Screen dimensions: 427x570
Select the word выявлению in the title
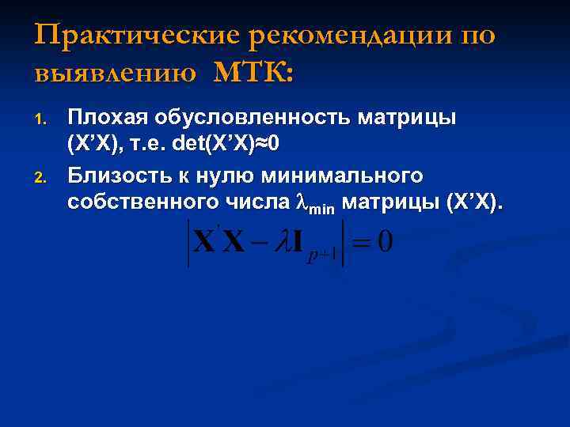click(x=116, y=73)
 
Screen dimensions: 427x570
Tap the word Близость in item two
click(x=120, y=175)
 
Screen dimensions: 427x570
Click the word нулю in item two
click(x=238, y=175)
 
